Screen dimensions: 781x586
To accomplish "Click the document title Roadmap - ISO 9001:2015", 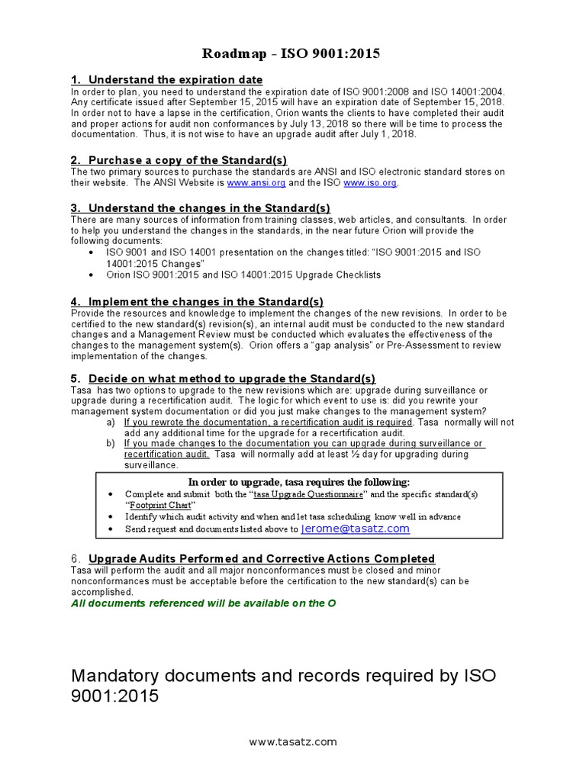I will point(291,53).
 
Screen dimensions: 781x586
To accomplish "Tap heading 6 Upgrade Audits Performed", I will point(262,558).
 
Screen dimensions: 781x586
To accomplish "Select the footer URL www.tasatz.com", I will point(293,741).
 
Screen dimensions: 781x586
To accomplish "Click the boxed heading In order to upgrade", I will point(299,482).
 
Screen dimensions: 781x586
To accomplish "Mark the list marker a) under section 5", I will point(111,422).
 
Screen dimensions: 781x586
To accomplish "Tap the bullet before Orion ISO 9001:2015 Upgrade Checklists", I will point(92,275).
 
